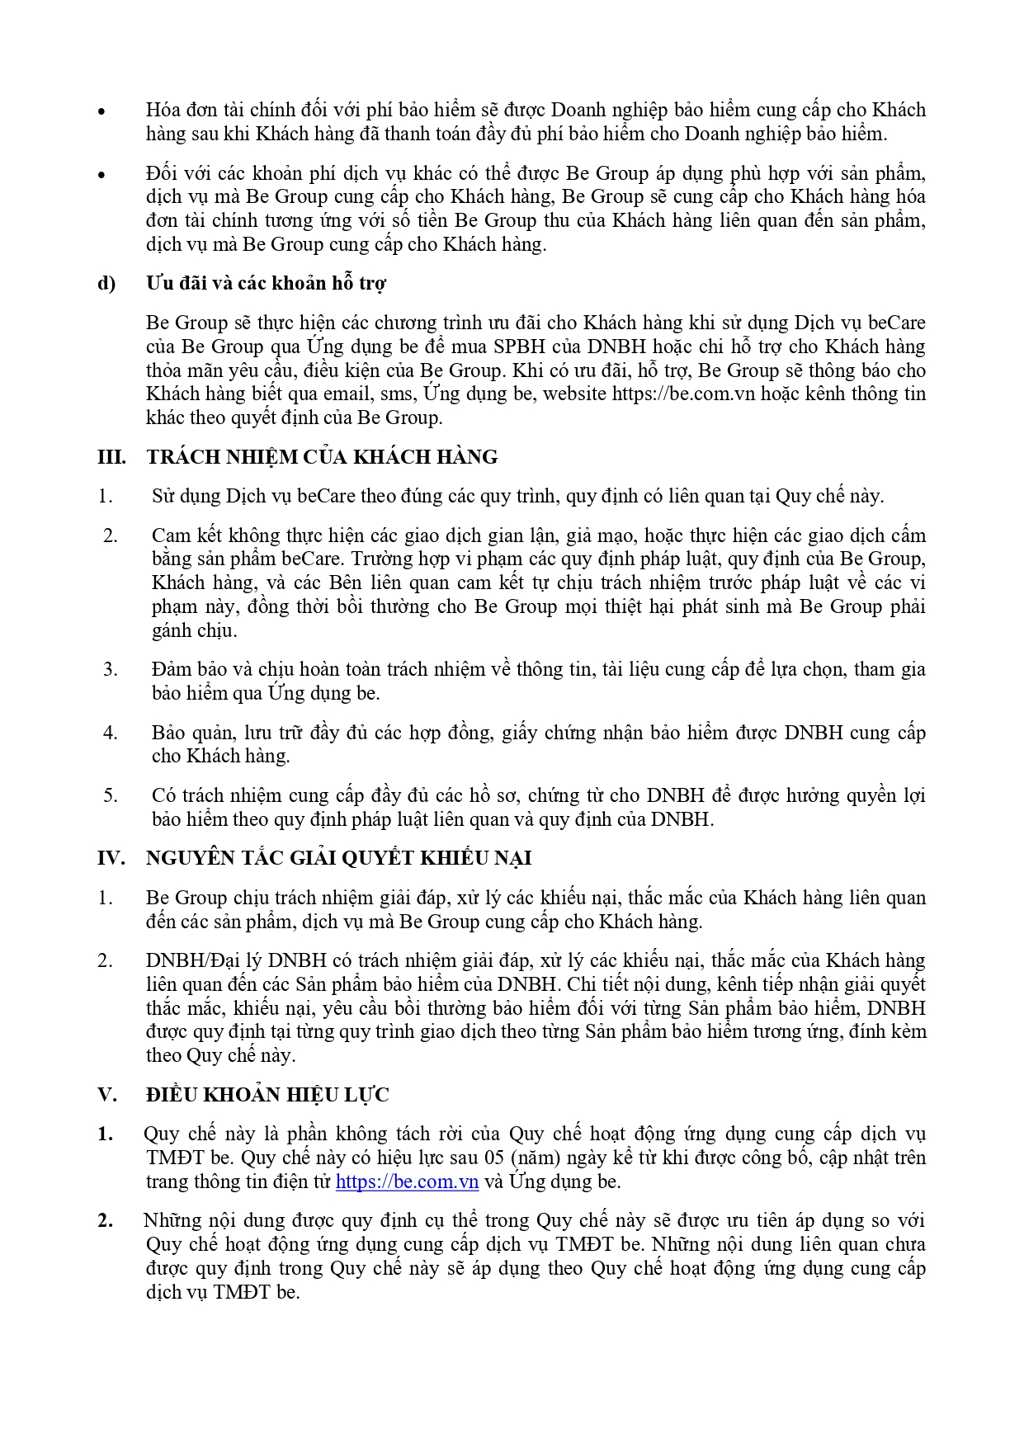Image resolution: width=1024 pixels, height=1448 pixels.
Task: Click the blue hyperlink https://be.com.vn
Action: point(407,1182)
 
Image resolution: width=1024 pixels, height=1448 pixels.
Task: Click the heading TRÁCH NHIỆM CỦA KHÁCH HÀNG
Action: point(322,456)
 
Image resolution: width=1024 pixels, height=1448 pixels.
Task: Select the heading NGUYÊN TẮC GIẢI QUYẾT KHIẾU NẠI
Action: point(338,858)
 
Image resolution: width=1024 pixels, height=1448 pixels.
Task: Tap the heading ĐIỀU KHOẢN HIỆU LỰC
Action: point(267,1095)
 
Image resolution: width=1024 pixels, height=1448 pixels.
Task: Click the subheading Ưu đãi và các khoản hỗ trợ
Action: point(266,283)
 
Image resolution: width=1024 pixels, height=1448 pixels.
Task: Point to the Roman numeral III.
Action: point(112,456)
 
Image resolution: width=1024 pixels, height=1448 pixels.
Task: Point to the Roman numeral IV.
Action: point(111,858)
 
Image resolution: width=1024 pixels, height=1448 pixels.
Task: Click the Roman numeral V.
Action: point(106,1095)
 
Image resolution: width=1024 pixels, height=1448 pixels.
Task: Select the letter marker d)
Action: point(107,283)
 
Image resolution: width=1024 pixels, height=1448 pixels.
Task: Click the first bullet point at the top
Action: point(102,111)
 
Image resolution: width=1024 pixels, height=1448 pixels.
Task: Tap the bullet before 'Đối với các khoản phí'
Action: point(102,174)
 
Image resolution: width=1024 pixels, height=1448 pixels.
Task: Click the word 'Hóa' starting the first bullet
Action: point(163,110)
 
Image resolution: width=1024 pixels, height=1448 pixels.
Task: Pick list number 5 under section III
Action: point(111,795)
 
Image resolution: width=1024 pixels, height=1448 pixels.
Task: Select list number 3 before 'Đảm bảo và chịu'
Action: point(111,669)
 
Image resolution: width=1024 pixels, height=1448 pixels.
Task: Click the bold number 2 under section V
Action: point(106,1220)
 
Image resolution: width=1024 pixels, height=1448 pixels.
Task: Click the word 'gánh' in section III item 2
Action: point(171,630)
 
